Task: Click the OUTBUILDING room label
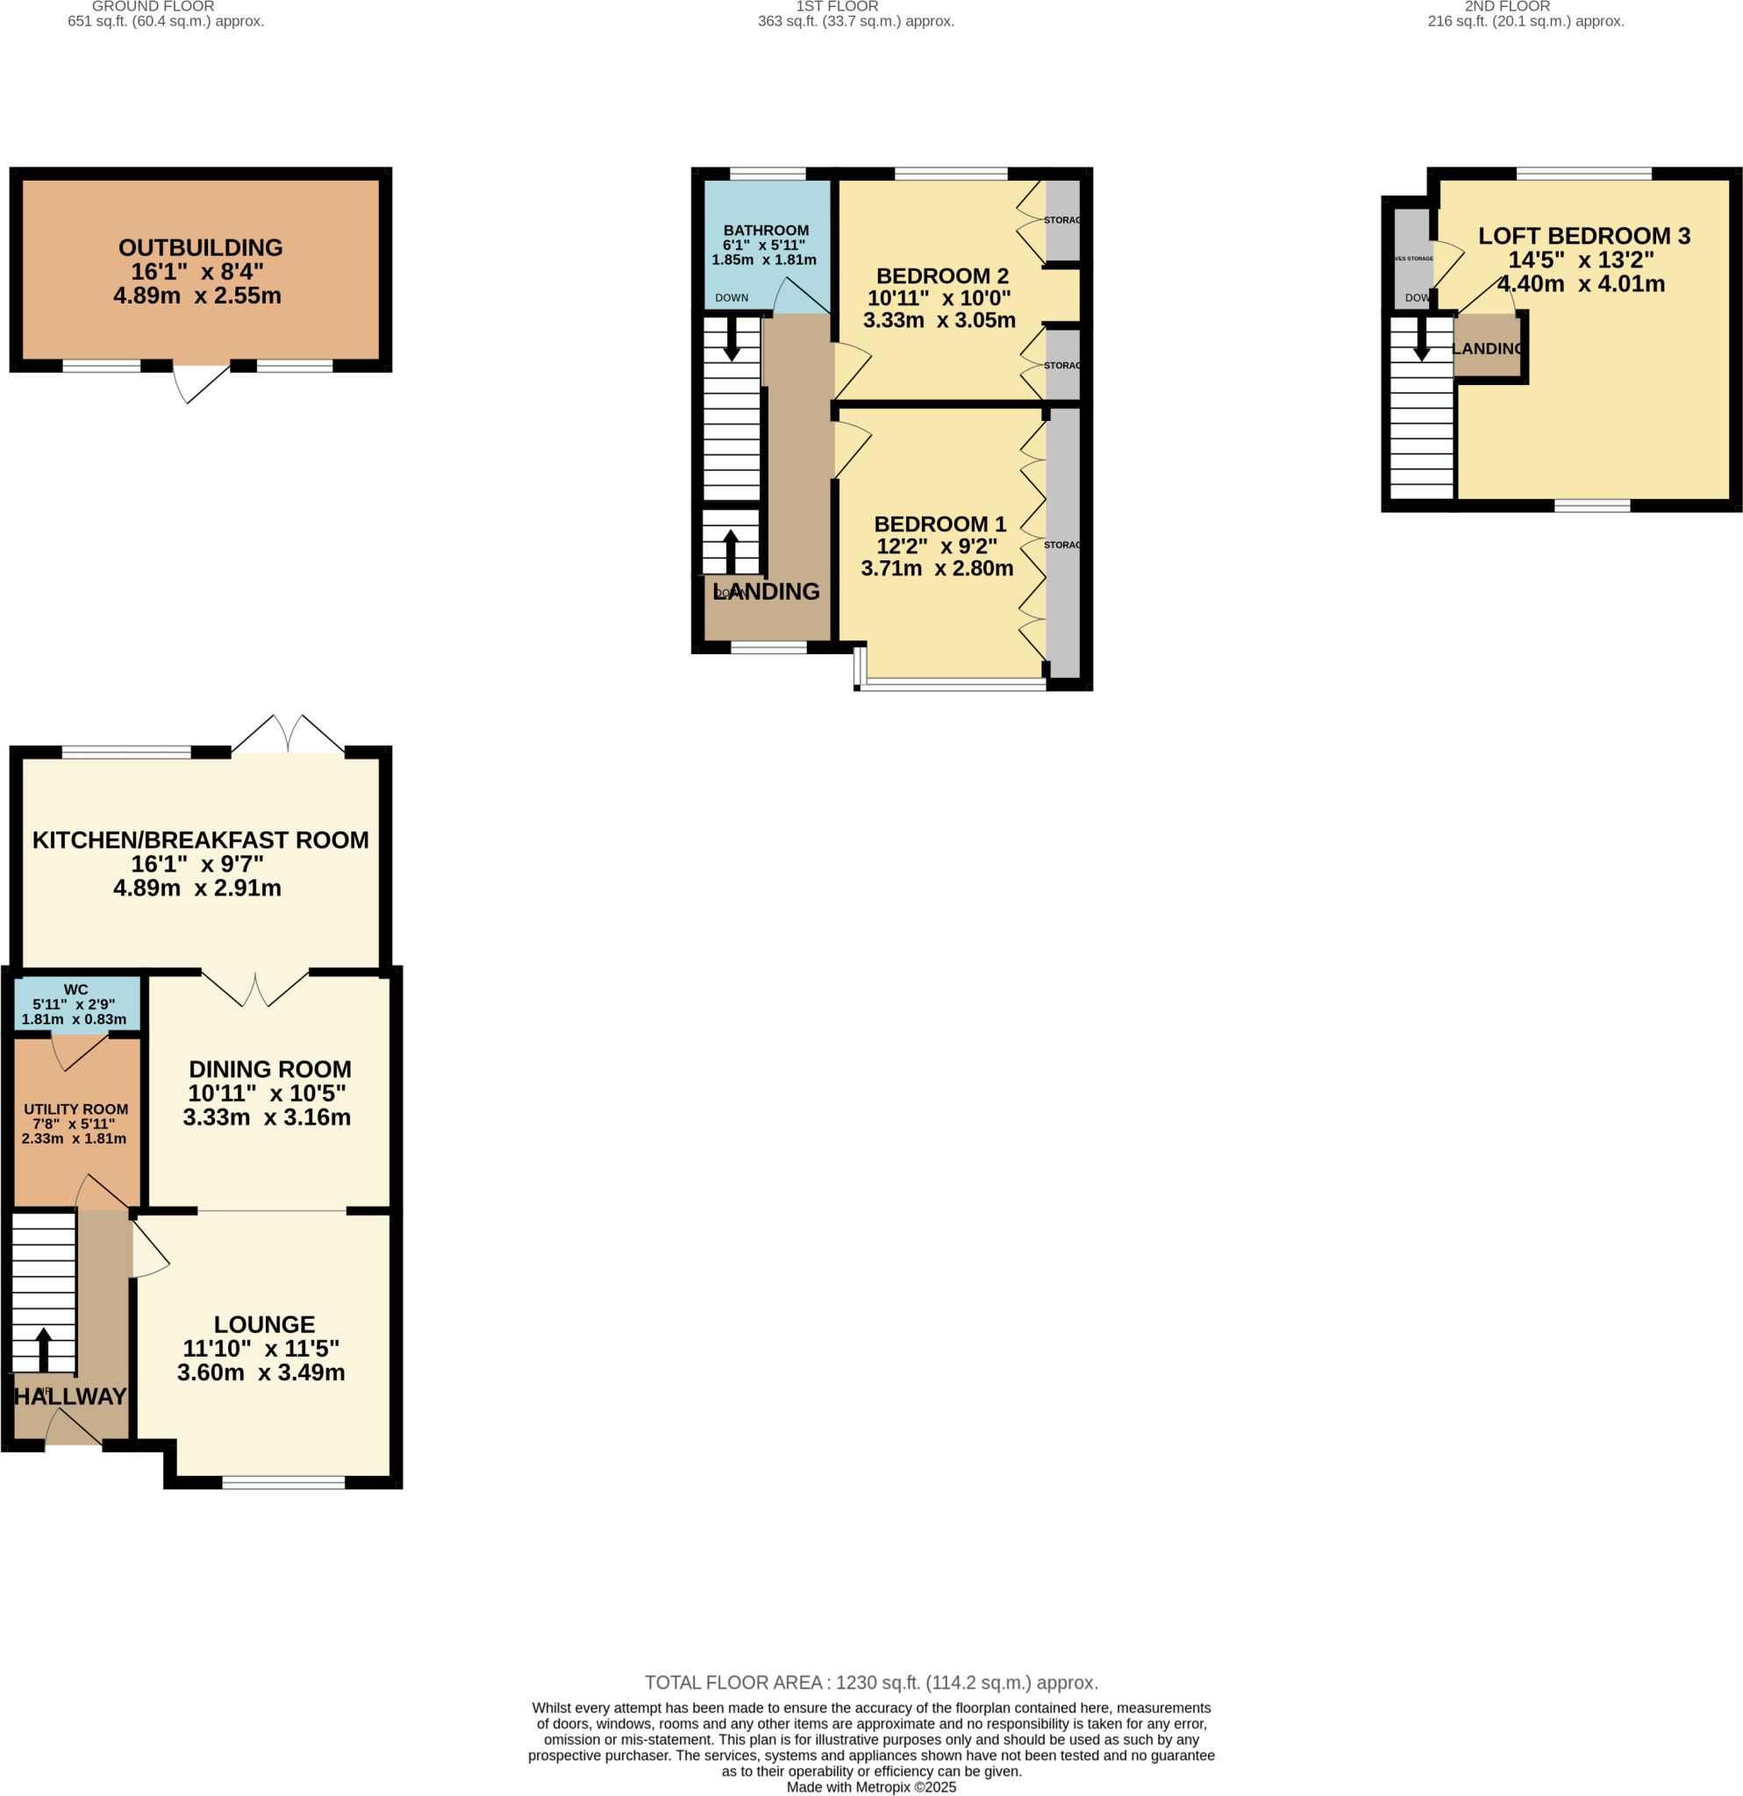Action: click(200, 248)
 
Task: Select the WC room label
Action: click(76, 989)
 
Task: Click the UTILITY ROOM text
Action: click(76, 1108)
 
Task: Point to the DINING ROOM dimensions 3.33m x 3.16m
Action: click(267, 1117)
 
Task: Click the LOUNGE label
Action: click(264, 1324)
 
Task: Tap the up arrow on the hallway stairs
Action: click(43, 1349)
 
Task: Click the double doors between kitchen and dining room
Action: click(254, 988)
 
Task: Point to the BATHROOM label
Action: click(766, 231)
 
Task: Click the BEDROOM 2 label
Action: click(942, 276)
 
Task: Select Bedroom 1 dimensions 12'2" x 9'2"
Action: click(937, 546)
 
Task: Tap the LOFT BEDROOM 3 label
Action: click(1583, 237)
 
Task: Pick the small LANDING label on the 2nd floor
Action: click(1489, 349)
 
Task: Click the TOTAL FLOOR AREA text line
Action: click(870, 1682)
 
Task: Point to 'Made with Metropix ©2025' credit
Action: click(870, 1787)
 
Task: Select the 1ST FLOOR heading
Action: click(837, 6)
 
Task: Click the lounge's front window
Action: click(283, 1483)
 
